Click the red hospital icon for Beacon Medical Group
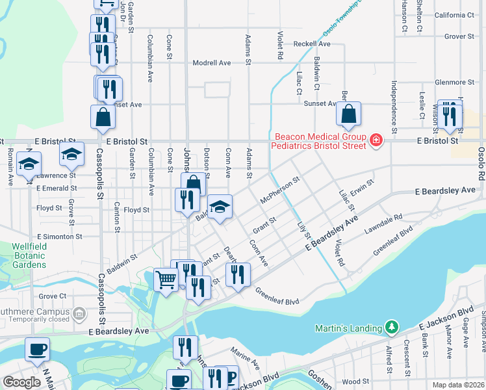tap(375, 140)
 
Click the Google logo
tap(21, 382)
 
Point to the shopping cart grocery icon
tap(166, 279)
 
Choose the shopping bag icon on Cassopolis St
tap(103, 117)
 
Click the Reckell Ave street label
tap(312, 44)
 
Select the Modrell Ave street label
tap(212, 63)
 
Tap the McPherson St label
tap(279, 190)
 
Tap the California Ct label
tap(454, 15)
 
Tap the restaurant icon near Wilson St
tap(449, 116)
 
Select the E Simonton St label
tap(64, 237)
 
